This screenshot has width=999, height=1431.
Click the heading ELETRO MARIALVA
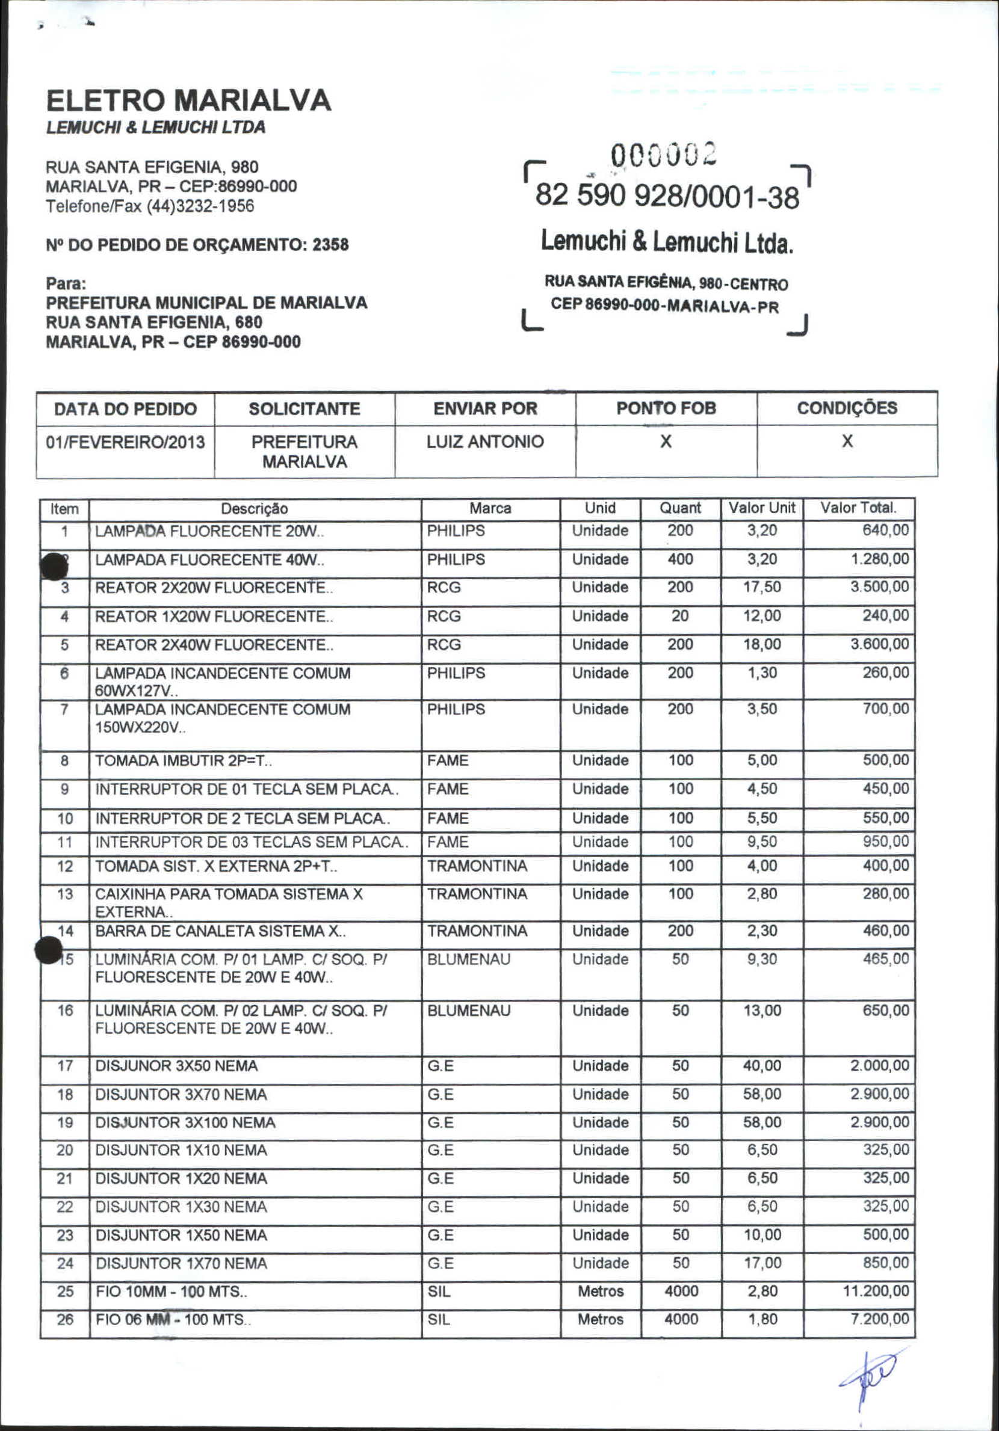[x=188, y=100]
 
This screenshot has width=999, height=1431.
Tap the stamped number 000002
[x=664, y=154]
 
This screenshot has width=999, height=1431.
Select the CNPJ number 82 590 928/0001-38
[x=667, y=196]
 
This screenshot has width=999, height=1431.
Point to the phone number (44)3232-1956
[x=200, y=206]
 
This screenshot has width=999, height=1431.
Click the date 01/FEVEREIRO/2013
[x=125, y=442]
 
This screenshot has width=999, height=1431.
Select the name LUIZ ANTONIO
[x=484, y=442]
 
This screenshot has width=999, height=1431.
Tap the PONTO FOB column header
[x=666, y=408]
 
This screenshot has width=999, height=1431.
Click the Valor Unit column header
[x=762, y=508]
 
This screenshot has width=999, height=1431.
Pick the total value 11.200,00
[x=876, y=1291]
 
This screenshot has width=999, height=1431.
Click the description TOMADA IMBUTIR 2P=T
[x=184, y=761]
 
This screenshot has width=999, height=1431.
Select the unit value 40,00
[x=761, y=1066]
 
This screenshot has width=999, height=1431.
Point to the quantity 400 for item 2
[x=680, y=559]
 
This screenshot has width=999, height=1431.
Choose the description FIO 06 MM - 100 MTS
[x=173, y=1320]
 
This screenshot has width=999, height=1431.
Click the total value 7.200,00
[x=879, y=1319]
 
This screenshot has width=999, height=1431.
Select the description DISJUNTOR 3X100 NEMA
[x=185, y=1122]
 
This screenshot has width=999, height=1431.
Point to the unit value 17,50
[x=761, y=587]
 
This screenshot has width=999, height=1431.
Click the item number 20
[x=65, y=1151]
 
